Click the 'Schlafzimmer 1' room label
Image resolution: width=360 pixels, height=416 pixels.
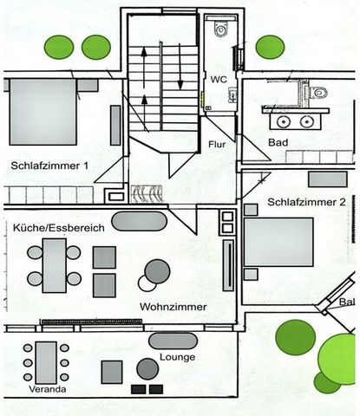(49, 166)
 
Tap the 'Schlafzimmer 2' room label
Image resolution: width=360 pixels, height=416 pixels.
(306, 202)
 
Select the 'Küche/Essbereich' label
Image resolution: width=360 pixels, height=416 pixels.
(59, 228)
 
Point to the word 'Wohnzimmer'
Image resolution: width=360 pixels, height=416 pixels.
(173, 307)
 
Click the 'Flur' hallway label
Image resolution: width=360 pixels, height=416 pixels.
(217, 144)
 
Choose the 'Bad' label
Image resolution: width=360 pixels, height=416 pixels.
(278, 142)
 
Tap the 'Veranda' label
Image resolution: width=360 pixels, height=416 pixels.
(48, 389)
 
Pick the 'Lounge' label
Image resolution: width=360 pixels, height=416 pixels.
(178, 357)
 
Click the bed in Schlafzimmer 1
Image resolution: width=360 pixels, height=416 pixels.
(43, 112)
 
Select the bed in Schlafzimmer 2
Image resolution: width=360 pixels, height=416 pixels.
(278, 242)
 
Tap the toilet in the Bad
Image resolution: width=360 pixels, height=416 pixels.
(318, 93)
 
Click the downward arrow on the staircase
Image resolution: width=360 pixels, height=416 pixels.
(180, 67)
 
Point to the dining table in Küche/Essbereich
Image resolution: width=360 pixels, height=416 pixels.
(54, 265)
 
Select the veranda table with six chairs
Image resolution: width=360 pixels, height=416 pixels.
(46, 363)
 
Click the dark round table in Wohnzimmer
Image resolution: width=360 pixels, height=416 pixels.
(157, 271)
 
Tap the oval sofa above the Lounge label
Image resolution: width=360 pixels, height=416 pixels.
(173, 341)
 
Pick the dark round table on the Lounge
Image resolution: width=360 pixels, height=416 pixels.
(147, 369)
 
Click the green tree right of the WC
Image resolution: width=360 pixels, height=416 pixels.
(271, 47)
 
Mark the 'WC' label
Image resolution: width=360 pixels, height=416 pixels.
(219, 79)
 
